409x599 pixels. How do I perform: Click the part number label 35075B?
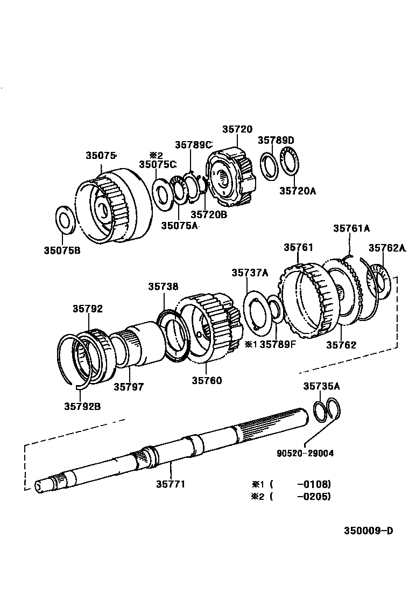click(62, 249)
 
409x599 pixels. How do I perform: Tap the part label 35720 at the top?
click(237, 129)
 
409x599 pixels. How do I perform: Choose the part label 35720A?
click(298, 190)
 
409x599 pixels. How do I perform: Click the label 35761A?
click(351, 228)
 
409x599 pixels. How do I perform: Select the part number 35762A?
click(387, 248)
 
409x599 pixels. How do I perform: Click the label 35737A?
click(250, 273)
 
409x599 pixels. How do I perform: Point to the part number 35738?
click(164, 287)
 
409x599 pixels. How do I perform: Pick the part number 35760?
click(207, 380)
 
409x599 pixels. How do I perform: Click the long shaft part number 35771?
click(170, 484)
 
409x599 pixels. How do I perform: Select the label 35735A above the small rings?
click(321, 386)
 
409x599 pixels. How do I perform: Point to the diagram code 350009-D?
click(369, 530)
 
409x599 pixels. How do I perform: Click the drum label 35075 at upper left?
click(101, 155)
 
